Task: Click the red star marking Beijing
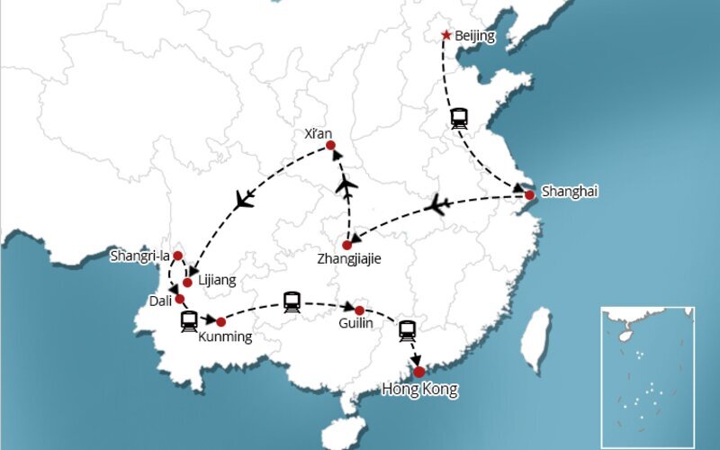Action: pos(446,35)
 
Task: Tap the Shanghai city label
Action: pos(569,191)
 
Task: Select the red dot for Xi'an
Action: pos(330,146)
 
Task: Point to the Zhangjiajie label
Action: pos(349,259)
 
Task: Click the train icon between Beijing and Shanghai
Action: pos(460,118)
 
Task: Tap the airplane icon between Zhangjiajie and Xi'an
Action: pos(346,185)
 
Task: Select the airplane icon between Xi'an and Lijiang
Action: pos(244,200)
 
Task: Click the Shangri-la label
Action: pos(139,256)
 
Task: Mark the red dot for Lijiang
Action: pos(187,283)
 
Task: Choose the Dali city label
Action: pos(160,301)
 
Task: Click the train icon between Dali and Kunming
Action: pos(189,320)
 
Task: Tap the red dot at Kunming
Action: pos(220,321)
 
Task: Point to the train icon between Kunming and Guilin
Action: pos(292,301)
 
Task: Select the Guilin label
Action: pos(356,324)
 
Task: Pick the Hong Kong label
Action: pos(419,390)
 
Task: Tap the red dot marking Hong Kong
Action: pos(418,371)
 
